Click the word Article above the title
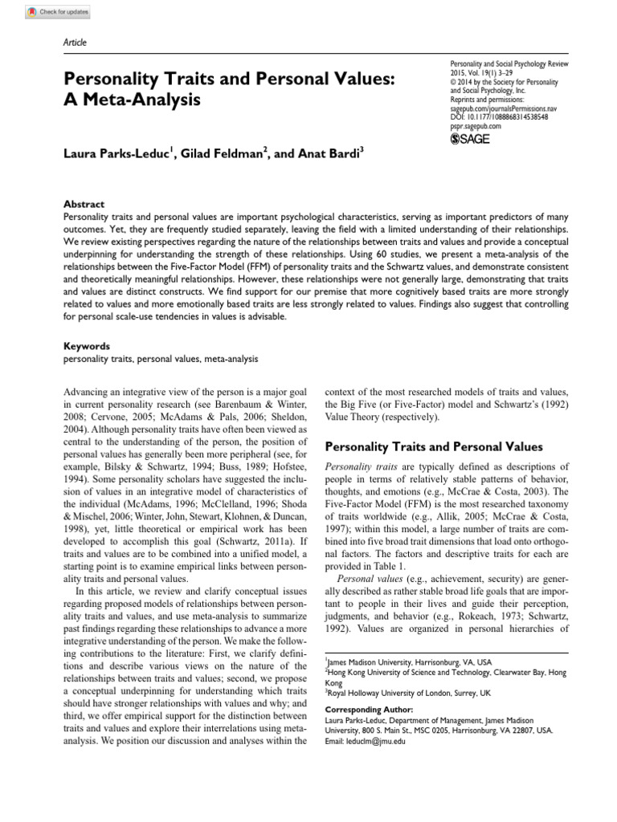coord(75,43)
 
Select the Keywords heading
coord(86,346)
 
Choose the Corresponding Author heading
coord(368,710)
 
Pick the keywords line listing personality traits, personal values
coord(161,359)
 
